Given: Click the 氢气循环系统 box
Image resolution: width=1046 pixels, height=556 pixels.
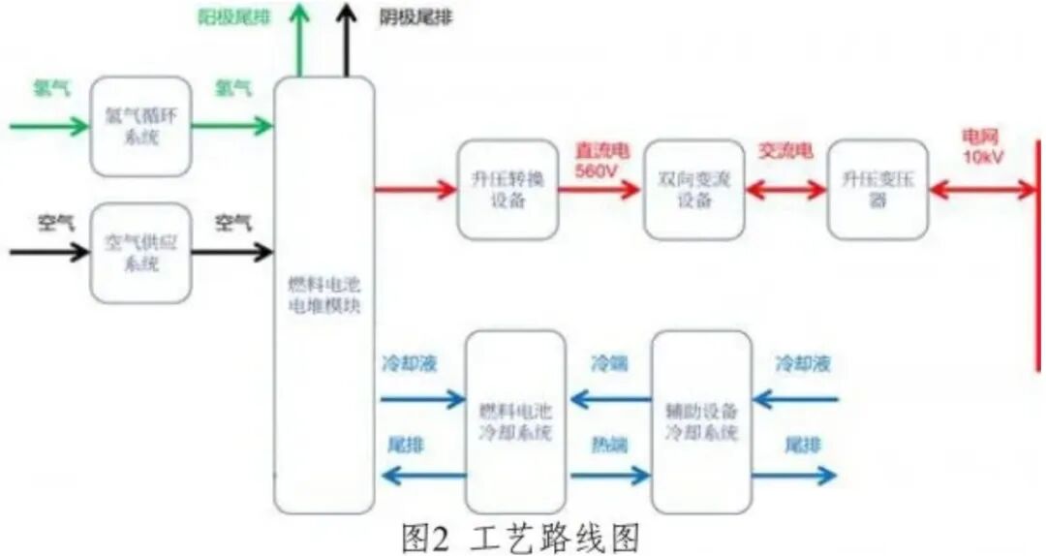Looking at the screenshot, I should tap(140, 127).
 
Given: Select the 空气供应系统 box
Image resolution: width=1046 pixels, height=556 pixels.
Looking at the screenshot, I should tap(140, 253).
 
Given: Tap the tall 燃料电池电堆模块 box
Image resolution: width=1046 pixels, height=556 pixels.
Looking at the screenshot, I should tap(323, 291).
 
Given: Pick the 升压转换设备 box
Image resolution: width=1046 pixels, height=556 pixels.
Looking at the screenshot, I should tap(508, 190).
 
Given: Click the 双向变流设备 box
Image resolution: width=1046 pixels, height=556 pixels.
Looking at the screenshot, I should tap(693, 190).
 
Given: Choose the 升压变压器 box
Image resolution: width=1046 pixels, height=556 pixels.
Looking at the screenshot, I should tap(877, 190).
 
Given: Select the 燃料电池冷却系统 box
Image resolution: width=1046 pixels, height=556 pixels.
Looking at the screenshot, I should tap(515, 421).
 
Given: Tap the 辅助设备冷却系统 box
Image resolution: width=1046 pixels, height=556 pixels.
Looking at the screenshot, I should tap(701, 421).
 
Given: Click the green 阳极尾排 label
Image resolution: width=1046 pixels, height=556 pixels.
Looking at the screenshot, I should tap(234, 17).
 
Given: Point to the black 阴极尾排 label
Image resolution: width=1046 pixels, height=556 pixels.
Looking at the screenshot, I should tap(416, 17).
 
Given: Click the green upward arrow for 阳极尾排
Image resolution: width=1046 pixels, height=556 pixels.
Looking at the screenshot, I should tap(300, 39).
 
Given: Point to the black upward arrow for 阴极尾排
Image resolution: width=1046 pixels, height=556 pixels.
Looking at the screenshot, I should tap(347, 39).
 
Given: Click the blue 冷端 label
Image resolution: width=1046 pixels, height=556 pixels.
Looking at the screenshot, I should tap(609, 364).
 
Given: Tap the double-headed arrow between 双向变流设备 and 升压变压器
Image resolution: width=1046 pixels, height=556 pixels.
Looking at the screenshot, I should tap(785, 190).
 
